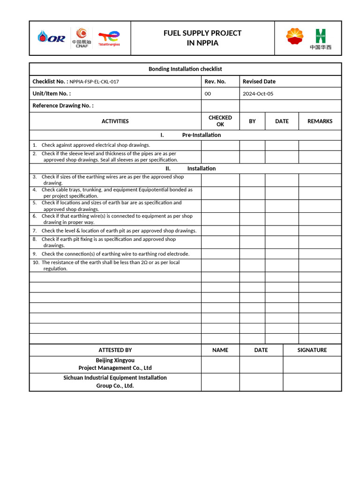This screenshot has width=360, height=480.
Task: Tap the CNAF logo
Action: click(82, 37)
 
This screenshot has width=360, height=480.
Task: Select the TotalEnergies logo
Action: click(109, 38)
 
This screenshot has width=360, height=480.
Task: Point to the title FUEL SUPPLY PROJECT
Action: click(202, 33)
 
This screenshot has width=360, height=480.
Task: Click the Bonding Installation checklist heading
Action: click(185, 69)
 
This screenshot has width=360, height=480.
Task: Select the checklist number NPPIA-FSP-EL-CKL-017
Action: click(94, 82)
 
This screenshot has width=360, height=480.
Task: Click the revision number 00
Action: click(208, 94)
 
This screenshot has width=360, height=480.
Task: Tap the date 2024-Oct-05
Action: click(258, 94)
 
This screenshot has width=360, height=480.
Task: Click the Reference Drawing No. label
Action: click(63, 105)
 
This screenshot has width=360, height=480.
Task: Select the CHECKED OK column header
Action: click(220, 121)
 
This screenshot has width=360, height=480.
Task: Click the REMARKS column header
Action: click(320, 121)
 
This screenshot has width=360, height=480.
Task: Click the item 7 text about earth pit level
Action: click(119, 231)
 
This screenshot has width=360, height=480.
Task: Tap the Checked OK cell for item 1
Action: click(220, 145)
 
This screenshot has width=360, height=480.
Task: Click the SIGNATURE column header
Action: click(312, 350)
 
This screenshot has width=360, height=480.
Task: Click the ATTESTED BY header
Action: click(115, 350)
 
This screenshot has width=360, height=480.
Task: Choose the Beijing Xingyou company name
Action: click(115, 364)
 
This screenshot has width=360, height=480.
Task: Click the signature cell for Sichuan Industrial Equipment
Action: click(312, 382)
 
